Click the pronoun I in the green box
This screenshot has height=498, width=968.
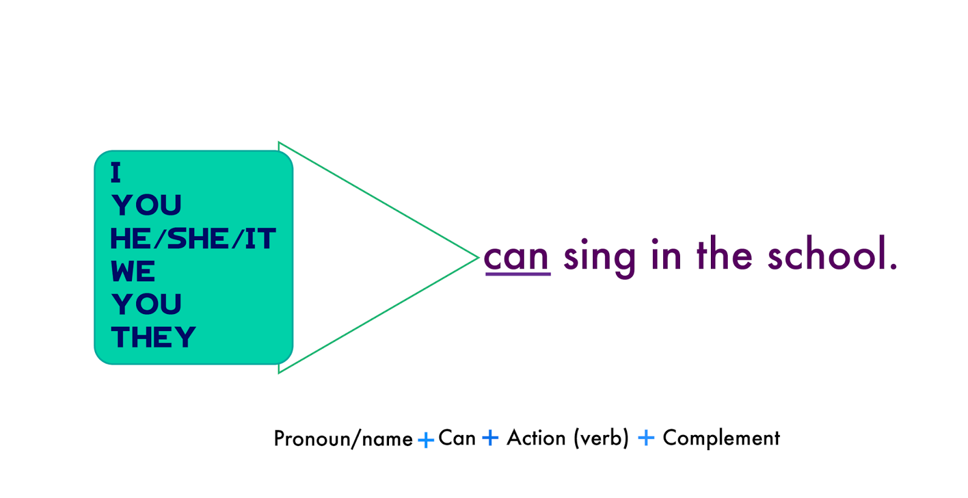click(x=116, y=172)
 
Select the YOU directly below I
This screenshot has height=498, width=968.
click(x=146, y=205)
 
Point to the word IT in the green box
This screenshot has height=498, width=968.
click(x=260, y=239)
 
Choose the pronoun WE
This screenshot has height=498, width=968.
click(x=133, y=272)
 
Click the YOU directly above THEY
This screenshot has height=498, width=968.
click(x=146, y=304)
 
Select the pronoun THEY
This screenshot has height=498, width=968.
click(x=154, y=337)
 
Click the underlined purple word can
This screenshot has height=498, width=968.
click(x=516, y=257)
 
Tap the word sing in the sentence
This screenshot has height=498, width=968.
click(x=599, y=257)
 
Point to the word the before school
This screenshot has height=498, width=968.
click(x=724, y=255)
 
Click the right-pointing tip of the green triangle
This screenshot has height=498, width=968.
click(x=477, y=258)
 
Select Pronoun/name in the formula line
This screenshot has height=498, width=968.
click(x=343, y=439)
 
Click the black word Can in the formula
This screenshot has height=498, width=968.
click(x=457, y=437)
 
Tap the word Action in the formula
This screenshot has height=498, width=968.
click(x=536, y=437)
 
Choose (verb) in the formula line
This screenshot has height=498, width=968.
click(x=601, y=438)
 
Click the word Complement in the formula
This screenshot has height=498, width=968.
click(x=721, y=438)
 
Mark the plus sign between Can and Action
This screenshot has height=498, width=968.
click(x=490, y=437)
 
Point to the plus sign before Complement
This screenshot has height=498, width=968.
click(x=646, y=437)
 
